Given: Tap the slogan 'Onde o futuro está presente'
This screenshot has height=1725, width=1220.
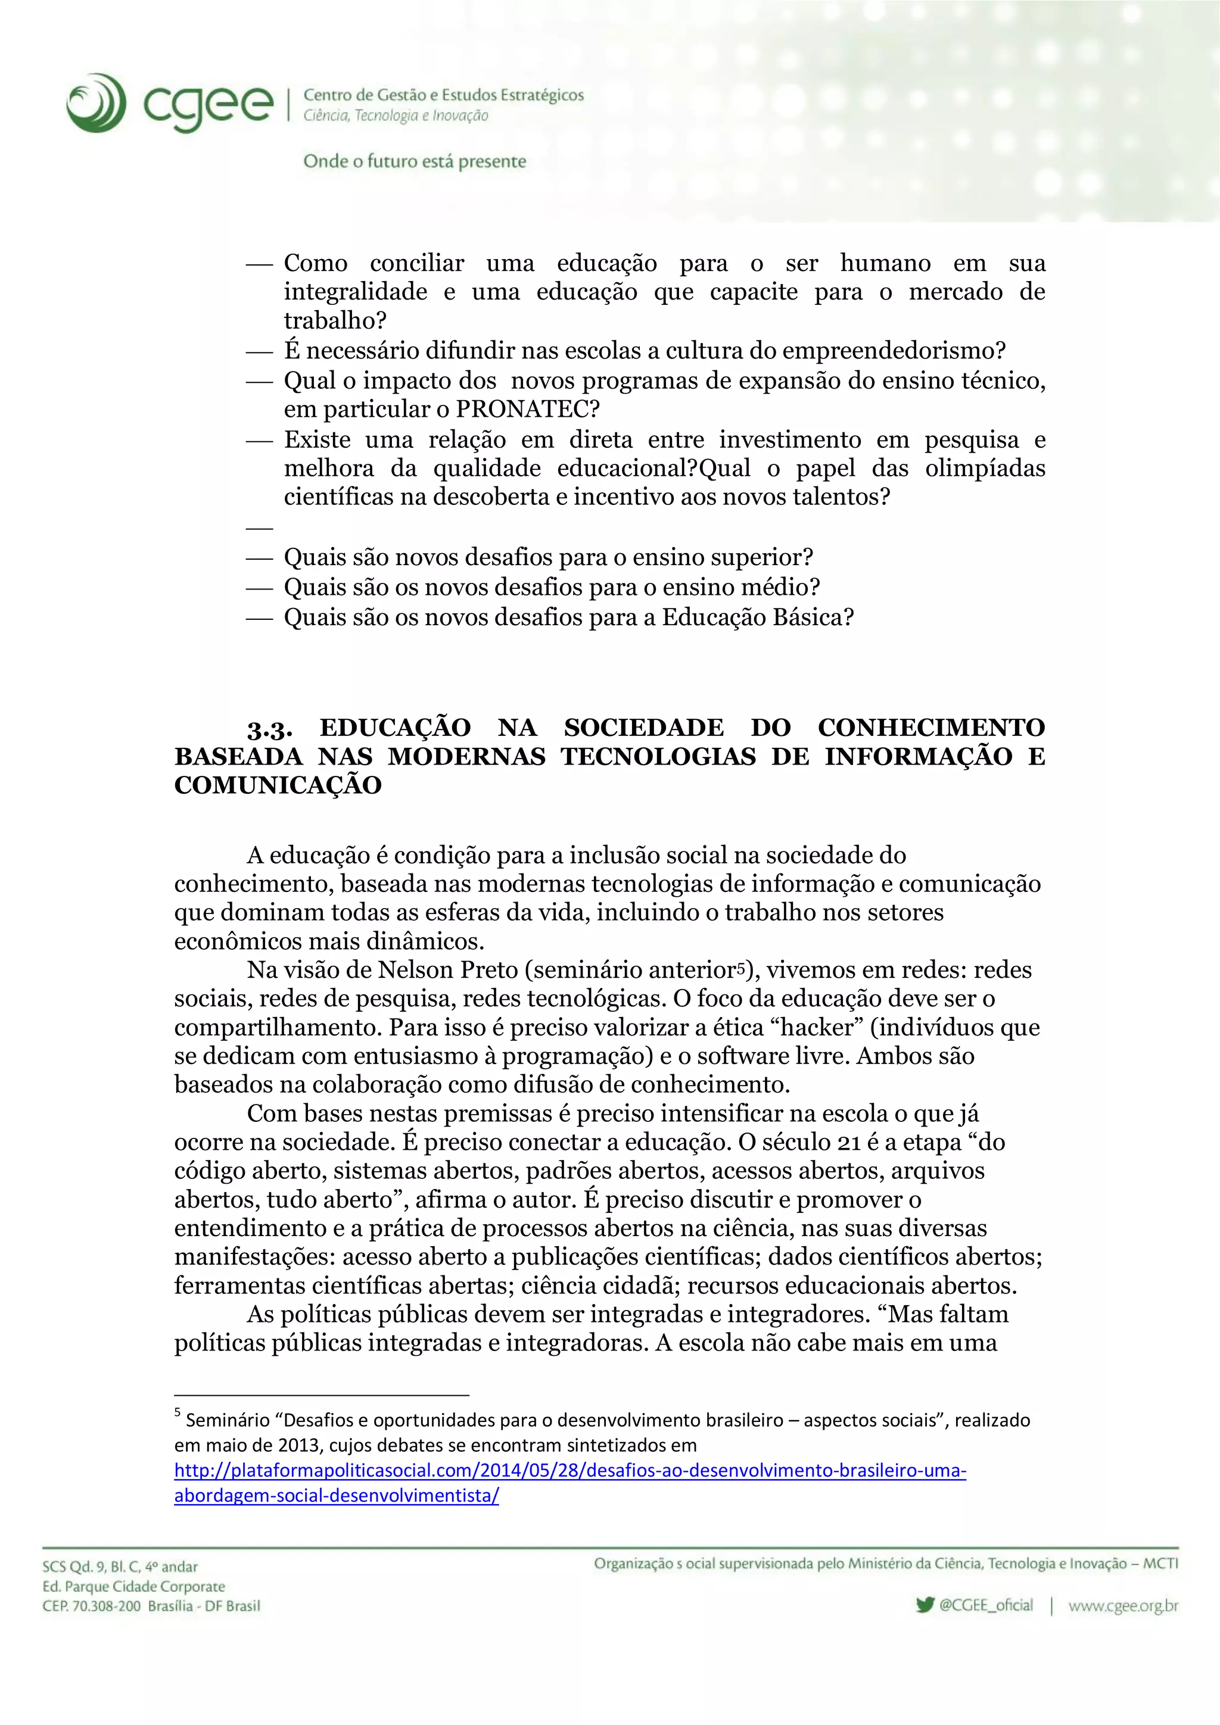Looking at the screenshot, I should point(414,161).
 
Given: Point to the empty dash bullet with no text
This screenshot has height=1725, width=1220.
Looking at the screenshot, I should point(259,528).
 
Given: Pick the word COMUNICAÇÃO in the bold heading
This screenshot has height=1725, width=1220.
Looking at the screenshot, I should point(278,786).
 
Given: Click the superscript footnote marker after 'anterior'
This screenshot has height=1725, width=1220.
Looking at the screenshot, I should point(740,966).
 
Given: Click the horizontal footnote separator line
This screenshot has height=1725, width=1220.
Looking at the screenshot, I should point(322,1395).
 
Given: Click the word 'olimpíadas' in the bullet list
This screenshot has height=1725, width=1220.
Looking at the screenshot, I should point(985,468).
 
